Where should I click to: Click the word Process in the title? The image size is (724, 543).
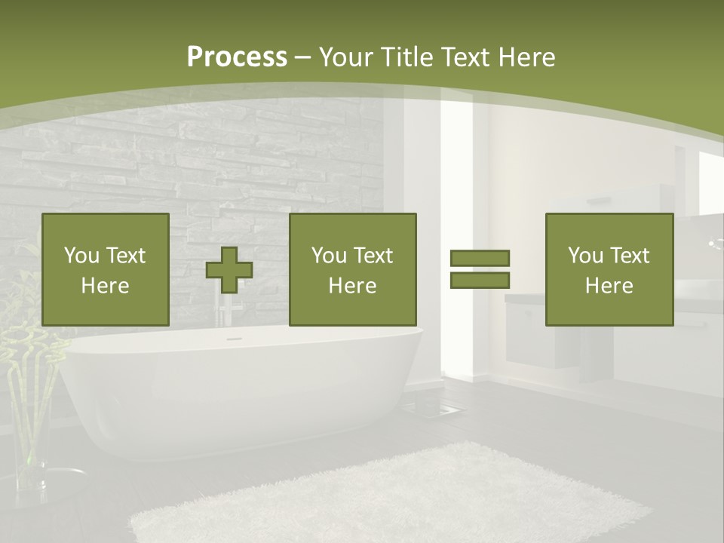[x=237, y=57]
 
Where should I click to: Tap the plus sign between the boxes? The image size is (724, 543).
[x=229, y=270]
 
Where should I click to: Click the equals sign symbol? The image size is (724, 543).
[x=480, y=269]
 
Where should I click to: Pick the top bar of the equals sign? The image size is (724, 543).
[x=480, y=258]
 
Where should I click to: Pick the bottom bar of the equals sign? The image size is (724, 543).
[x=480, y=280]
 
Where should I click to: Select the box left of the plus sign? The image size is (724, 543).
[x=106, y=269]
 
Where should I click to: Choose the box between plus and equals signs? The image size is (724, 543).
[x=353, y=269]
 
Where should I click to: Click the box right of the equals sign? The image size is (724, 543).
[x=609, y=269]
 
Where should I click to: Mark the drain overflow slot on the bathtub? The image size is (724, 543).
[x=235, y=339]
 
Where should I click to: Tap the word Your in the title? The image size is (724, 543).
[x=348, y=57]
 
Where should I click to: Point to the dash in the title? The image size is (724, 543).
[x=303, y=57]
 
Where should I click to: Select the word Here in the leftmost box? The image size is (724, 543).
[x=106, y=286]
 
